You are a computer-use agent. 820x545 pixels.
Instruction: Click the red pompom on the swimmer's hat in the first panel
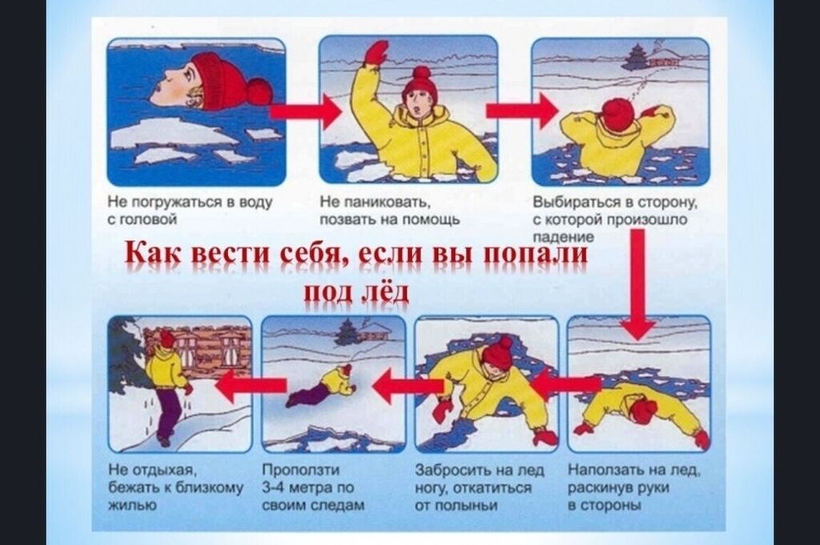[x=258, y=91]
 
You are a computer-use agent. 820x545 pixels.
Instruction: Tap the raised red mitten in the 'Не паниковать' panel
[x=376, y=52]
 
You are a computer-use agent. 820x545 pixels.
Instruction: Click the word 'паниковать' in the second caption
[x=384, y=202]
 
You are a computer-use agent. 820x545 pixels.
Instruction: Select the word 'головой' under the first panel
[x=150, y=219]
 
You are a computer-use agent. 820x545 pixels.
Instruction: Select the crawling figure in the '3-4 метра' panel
[x=321, y=387]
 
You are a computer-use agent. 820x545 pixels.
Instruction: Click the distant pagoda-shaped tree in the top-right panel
[x=634, y=58]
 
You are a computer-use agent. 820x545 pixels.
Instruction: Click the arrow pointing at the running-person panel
[x=250, y=386]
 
